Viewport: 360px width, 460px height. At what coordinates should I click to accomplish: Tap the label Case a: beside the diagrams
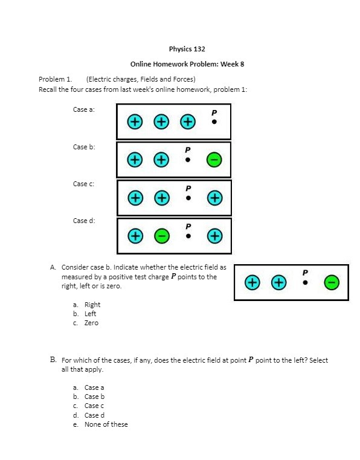coord(84,109)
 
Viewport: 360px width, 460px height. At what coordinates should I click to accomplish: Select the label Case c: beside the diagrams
coord(84,183)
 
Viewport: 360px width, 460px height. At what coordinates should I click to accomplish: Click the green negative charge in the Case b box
coord(214,160)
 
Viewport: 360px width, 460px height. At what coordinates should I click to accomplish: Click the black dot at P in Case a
coord(214,121)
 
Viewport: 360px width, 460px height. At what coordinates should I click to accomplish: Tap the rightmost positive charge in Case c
coord(214,198)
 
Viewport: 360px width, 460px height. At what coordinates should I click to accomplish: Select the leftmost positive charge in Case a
coord(135,122)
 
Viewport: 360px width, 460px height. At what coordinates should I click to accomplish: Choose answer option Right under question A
coord(92,305)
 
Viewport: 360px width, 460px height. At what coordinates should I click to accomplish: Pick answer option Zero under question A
coord(91,323)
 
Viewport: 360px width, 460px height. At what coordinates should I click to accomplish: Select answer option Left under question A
coord(90,314)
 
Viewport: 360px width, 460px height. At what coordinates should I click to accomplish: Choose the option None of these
coord(106,424)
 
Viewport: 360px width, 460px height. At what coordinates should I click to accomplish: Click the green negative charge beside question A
coord(332,282)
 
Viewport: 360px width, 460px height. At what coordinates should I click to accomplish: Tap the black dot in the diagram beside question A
coord(305,282)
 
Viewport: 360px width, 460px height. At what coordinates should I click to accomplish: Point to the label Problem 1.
coord(56,79)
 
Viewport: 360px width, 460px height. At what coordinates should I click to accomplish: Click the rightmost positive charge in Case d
coord(214,235)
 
